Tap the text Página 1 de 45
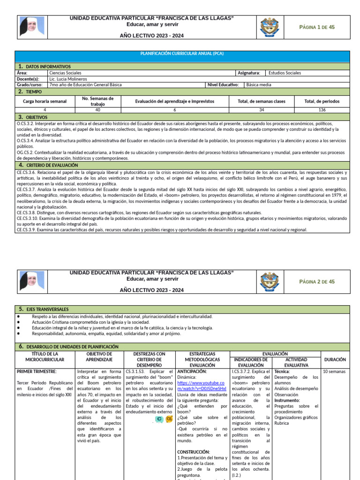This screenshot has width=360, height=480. (x=317, y=27)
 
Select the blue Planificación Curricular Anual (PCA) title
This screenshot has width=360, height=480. (x=182, y=53)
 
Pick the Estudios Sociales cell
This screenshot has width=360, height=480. (x=285, y=73)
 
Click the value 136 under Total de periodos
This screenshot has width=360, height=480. (x=322, y=110)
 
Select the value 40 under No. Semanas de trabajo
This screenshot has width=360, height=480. (x=97, y=110)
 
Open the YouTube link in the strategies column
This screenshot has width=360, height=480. (x=202, y=386)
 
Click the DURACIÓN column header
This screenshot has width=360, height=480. (x=335, y=360)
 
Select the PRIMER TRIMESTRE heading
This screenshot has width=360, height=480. (x=37, y=372)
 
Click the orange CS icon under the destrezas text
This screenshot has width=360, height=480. (x=169, y=419)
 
